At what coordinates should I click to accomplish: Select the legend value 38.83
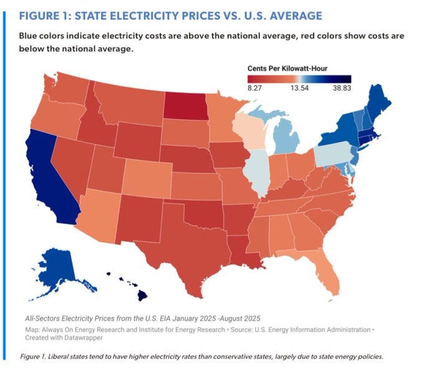coord(342,89)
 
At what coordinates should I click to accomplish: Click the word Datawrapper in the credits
coord(81,337)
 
